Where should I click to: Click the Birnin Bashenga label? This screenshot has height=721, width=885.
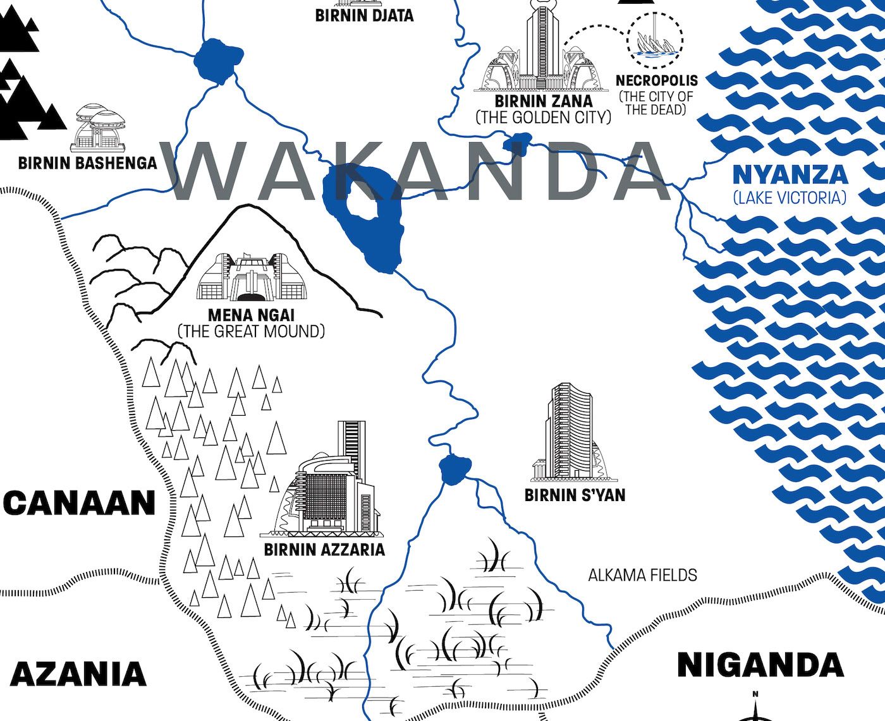[x=87, y=163]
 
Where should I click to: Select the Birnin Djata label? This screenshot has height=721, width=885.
[x=364, y=15]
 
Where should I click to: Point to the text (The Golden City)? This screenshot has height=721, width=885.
[x=544, y=117]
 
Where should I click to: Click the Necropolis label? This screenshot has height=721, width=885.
[x=657, y=81]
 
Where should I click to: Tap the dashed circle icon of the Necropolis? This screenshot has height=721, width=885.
[x=656, y=37]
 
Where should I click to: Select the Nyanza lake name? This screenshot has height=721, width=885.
[x=790, y=174]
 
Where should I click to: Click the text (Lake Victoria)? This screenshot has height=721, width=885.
[x=790, y=198]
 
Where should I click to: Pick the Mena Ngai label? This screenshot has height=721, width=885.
[x=252, y=315]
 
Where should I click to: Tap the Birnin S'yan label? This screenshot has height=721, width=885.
[x=575, y=495]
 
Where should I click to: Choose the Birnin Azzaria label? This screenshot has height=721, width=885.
[x=324, y=549]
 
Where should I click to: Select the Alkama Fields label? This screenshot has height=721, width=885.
[x=642, y=575]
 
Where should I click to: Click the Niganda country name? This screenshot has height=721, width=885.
[x=760, y=665]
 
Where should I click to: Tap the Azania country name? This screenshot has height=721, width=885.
[x=78, y=674]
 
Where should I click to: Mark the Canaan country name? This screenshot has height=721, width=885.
[x=79, y=504]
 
